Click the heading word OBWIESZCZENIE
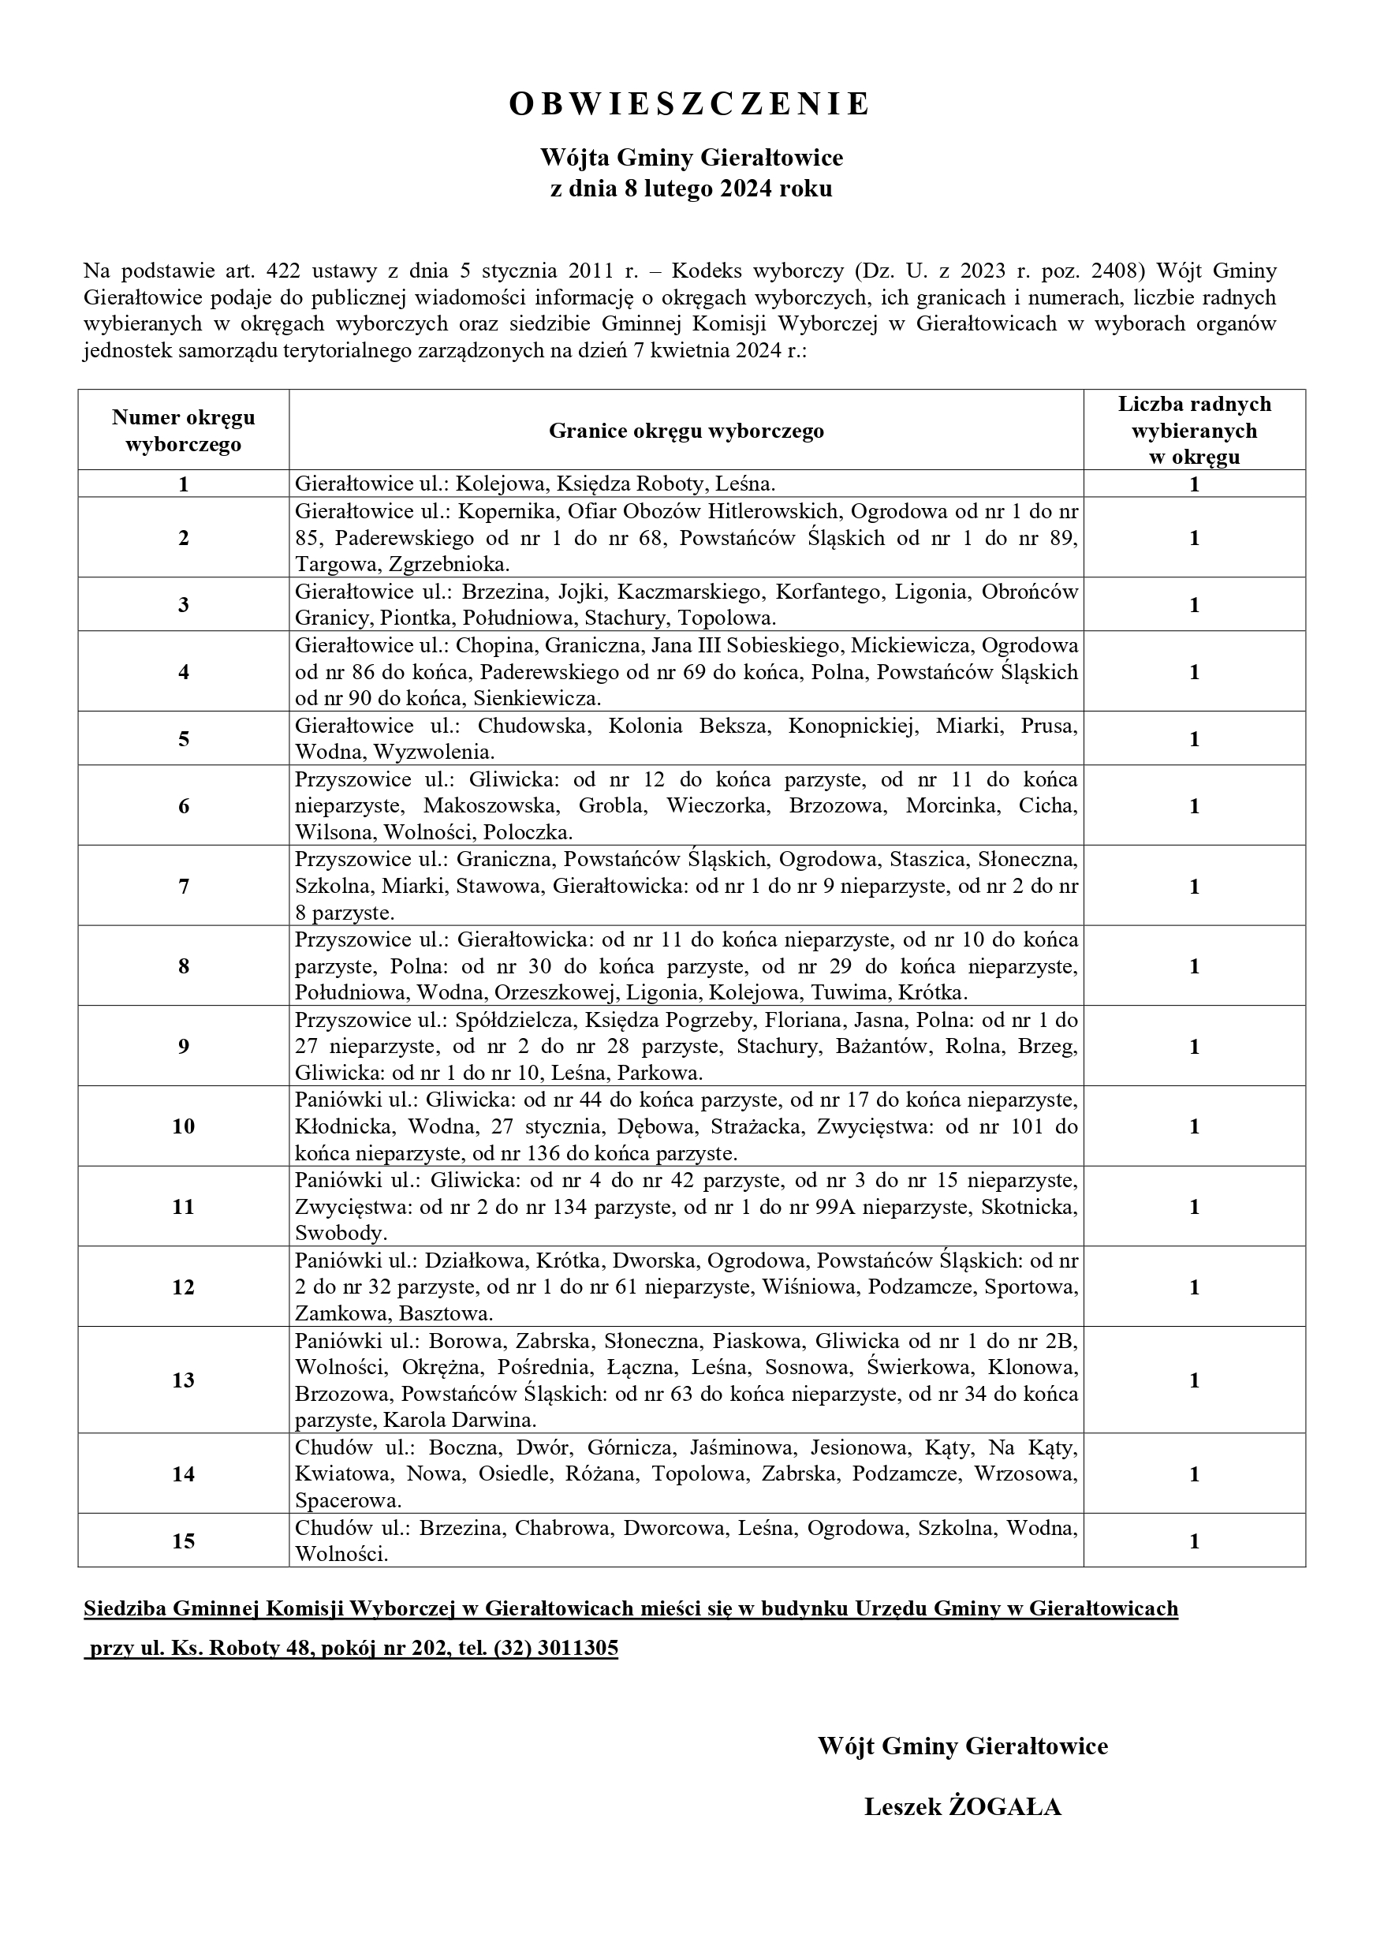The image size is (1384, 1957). [x=690, y=104]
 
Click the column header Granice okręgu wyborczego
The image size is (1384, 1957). [x=686, y=431]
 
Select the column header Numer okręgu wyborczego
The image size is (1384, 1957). [x=183, y=431]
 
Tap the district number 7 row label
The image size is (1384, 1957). [x=183, y=887]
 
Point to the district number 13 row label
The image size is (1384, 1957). [x=183, y=1380]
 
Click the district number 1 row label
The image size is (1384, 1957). [x=183, y=485]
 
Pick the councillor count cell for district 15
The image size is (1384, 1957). [x=1194, y=1541]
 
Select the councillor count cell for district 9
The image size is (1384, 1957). [x=1194, y=1047]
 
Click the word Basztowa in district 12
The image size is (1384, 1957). [x=446, y=1313]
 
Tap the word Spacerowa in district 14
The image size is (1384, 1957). [x=348, y=1501]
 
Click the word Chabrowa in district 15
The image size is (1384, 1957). [x=558, y=1528]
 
